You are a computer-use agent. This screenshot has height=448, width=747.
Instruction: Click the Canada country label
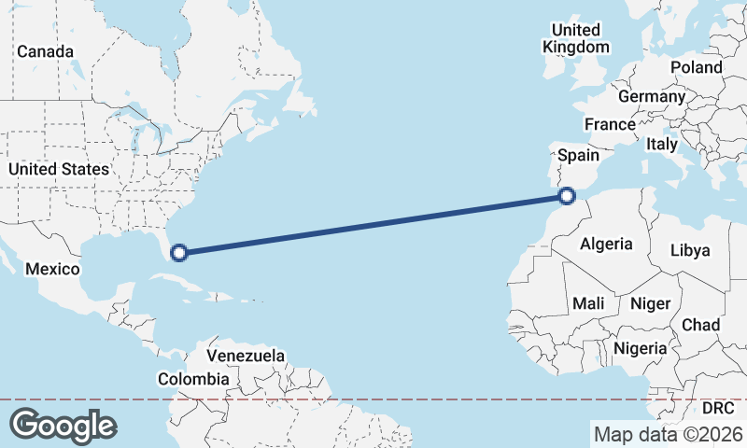pyautogui.click(x=45, y=51)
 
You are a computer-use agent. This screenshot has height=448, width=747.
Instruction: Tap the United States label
pyautogui.click(x=58, y=169)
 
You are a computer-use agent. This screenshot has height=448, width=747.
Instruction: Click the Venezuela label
pyautogui.click(x=246, y=356)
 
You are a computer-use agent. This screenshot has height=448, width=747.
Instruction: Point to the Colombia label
pyautogui.click(x=193, y=379)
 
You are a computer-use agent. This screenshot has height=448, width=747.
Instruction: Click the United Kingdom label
pyautogui.click(x=576, y=38)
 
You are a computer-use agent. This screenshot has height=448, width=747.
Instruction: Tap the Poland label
pyautogui.click(x=696, y=67)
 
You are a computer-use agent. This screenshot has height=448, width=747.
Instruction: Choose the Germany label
pyautogui.click(x=652, y=96)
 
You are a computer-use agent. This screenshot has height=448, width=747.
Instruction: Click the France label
pyautogui.click(x=610, y=124)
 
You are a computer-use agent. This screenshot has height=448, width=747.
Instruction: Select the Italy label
pyautogui.click(x=662, y=145)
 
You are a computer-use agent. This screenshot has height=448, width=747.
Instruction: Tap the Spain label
pyautogui.click(x=578, y=155)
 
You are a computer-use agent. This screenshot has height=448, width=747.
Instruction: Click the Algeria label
pyautogui.click(x=606, y=245)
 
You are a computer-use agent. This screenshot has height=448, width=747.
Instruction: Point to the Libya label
pyautogui.click(x=691, y=250)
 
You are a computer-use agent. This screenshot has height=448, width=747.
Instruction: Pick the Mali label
pyautogui.click(x=588, y=302)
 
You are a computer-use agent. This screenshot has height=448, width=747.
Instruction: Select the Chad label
pyautogui.click(x=700, y=325)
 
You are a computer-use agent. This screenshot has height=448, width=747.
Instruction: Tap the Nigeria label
pyautogui.click(x=641, y=348)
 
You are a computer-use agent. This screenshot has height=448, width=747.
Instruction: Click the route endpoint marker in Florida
pyautogui.click(x=179, y=251)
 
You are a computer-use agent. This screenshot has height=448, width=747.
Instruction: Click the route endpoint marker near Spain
pyautogui.click(x=566, y=196)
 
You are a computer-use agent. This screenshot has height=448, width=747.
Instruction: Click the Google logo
pyautogui.click(x=63, y=426)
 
